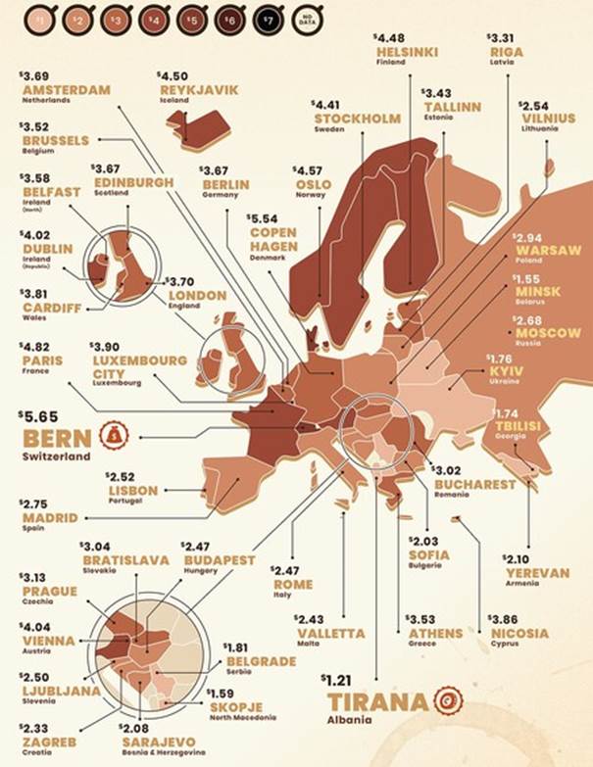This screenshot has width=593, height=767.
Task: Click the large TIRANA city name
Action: coord(376,702)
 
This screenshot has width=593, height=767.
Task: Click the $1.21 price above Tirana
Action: coord(337,679)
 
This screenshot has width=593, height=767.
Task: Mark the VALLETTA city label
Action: coord(330,633)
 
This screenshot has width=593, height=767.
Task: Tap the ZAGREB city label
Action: coord(51,742)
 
